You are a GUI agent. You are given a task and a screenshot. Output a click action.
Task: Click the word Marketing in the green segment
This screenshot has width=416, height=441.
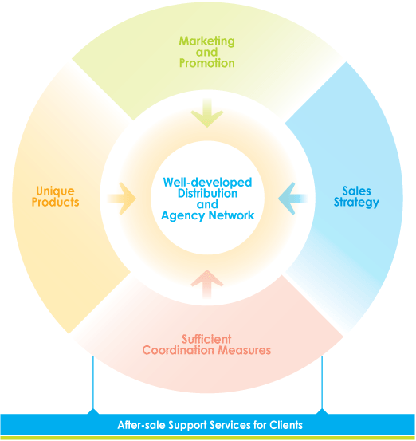point(207,41)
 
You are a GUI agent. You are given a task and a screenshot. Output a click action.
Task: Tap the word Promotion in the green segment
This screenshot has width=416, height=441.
point(207,63)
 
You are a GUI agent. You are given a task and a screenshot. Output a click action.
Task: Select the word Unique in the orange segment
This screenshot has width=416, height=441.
point(55,191)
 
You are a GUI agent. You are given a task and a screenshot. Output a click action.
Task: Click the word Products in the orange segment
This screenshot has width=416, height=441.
point(55,202)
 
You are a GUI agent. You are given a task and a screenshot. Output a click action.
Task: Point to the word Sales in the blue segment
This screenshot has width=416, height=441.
point(356,191)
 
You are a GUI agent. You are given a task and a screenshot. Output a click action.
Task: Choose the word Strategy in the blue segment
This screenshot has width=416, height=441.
point(356,203)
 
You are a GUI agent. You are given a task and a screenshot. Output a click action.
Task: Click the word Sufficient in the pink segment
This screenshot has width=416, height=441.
point(206,339)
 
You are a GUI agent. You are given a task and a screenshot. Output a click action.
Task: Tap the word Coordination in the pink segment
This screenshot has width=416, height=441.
point(179,350)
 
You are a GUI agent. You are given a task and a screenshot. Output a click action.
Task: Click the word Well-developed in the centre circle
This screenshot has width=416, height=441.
point(207,183)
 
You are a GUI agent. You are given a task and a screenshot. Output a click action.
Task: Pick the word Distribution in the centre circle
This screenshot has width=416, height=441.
point(207,193)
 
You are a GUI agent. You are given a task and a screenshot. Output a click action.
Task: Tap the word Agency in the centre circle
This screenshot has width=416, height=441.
point(183,216)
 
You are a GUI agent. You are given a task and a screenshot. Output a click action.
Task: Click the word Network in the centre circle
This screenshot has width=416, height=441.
point(231,215)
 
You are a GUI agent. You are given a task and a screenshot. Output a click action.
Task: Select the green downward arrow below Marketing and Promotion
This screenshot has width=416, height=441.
point(207,113)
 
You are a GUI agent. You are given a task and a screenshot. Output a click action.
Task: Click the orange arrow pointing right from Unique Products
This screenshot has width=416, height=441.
point(122,199)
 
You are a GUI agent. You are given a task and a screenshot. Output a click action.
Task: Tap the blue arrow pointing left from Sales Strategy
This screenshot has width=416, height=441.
point(292,199)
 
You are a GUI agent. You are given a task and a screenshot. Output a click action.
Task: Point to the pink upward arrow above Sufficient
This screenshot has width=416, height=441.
point(207,284)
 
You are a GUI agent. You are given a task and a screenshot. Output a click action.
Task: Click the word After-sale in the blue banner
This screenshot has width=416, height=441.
point(141,425)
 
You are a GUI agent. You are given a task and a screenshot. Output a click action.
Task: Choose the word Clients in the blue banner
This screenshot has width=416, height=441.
point(286,425)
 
